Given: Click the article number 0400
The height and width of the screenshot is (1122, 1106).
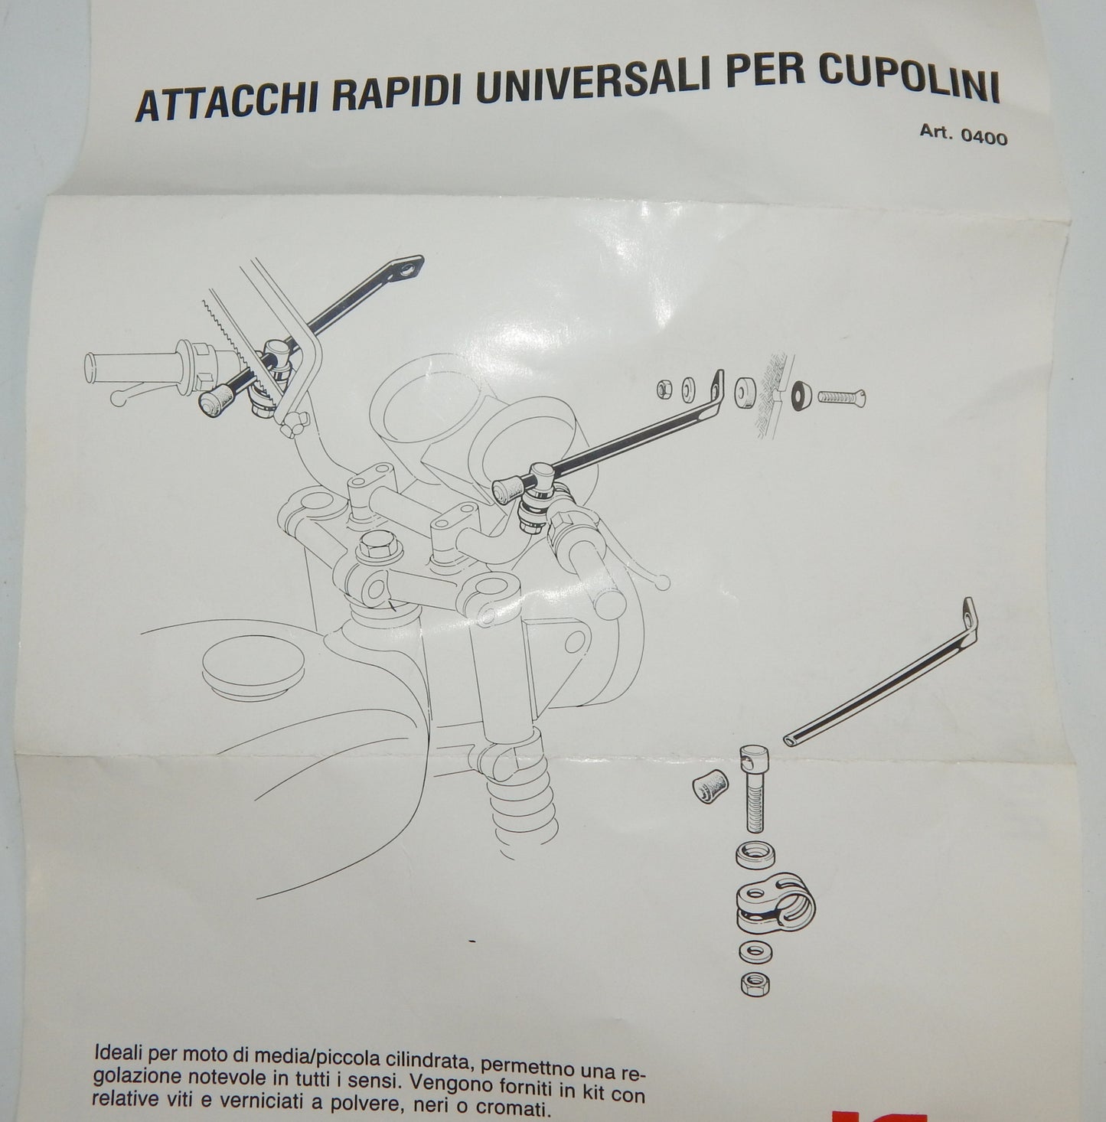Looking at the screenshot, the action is click(x=984, y=138).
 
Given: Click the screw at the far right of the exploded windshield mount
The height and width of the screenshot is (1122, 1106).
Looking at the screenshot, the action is click(x=842, y=398).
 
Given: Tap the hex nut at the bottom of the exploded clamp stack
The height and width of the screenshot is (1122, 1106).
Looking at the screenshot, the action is click(x=755, y=984).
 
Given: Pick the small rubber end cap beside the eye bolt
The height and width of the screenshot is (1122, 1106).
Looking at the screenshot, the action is click(x=710, y=786).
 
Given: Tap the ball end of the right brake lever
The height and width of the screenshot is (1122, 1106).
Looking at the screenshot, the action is click(x=662, y=580).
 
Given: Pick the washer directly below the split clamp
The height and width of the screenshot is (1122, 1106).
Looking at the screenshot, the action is click(x=754, y=953).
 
